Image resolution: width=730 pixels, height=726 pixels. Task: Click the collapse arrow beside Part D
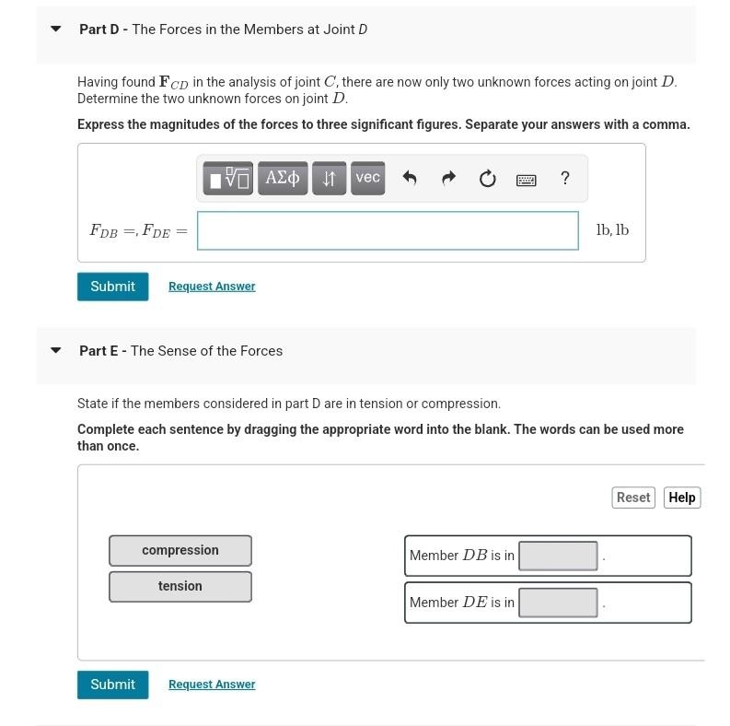(56, 29)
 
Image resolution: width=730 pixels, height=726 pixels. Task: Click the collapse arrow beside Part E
(56, 351)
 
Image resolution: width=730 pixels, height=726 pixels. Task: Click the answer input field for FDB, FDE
(388, 230)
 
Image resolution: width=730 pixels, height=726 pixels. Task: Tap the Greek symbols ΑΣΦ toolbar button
(283, 178)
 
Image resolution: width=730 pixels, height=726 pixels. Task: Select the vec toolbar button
(367, 178)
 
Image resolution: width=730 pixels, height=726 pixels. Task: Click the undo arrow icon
(410, 179)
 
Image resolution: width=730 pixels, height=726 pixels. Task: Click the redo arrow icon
(448, 179)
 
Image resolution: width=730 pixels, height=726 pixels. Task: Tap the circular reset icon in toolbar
(487, 179)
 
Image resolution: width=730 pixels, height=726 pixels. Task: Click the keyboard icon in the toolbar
(526, 180)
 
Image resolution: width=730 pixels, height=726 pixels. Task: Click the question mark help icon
(564, 179)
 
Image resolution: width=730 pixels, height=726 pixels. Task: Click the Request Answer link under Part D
(212, 287)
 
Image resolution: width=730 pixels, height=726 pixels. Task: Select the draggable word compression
(180, 550)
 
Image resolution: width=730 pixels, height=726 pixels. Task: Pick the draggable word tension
(180, 586)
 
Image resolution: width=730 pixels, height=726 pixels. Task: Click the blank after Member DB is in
(558, 556)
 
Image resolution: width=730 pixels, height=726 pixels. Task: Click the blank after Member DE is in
(558, 603)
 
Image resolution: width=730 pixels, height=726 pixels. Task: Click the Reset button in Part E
(632, 498)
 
